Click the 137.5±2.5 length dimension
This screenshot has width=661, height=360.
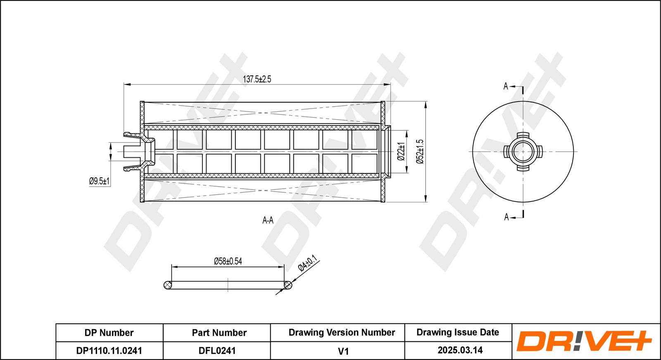[257, 79]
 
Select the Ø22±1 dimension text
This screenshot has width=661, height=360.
[401, 152]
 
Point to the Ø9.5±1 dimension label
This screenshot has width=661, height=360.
[99, 181]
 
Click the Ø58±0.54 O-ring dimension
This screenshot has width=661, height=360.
[228, 261]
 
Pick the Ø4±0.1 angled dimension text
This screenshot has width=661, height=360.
[307, 263]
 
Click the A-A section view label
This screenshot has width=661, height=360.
[268, 220]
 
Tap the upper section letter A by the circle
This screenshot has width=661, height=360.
[506, 86]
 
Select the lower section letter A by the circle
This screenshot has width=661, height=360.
[506, 217]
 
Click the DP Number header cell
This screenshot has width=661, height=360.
[109, 333]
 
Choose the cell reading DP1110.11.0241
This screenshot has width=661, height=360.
[109, 351]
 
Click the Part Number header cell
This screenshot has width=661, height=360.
[219, 333]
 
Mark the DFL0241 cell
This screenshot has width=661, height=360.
[217, 351]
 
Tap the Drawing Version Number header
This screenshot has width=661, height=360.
[342, 333]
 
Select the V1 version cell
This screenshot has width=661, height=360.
[343, 351]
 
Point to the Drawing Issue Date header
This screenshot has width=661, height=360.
[458, 332]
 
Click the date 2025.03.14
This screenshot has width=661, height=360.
[460, 350]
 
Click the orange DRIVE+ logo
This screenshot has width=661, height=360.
[583, 341]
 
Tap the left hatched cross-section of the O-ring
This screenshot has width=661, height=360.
[168, 285]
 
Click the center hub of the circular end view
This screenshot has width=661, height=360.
[523, 152]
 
